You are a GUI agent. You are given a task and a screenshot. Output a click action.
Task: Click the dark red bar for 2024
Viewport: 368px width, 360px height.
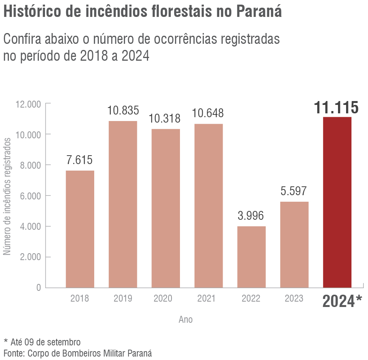click(337, 202)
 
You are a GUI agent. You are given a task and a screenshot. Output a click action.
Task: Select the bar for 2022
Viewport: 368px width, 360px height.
click(251, 257)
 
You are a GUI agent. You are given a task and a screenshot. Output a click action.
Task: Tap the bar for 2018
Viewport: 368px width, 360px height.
click(80, 229)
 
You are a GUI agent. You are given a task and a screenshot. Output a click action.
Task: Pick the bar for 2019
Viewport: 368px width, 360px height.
click(123, 204)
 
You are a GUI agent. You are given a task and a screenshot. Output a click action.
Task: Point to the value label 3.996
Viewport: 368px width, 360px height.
click(251, 216)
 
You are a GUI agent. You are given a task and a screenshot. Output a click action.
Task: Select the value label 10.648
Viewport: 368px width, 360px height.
click(208, 113)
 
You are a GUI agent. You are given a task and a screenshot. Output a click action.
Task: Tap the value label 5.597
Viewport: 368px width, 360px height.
click(294, 191)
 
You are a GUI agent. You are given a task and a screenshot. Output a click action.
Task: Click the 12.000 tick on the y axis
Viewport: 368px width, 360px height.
click(28, 104)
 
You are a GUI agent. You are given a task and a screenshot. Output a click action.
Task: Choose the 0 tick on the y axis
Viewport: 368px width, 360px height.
click(38, 287)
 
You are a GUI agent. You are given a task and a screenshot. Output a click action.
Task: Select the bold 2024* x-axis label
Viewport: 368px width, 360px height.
click(342, 302)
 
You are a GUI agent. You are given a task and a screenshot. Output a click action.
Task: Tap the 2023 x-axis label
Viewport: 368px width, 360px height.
click(294, 299)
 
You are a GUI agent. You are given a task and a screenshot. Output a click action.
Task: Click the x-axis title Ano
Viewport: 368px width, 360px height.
click(186, 319)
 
